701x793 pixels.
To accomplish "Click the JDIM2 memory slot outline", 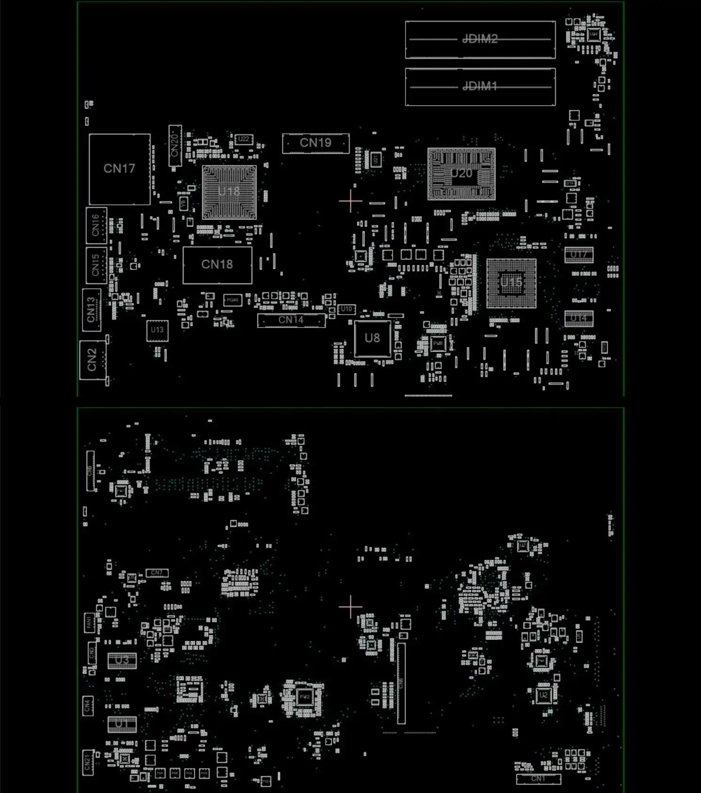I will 480,39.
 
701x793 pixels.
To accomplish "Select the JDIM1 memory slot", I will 480,87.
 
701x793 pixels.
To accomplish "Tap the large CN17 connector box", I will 119,169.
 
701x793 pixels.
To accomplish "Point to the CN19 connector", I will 316,143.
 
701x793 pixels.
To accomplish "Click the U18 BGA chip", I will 229,192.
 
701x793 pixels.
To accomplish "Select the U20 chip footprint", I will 461,174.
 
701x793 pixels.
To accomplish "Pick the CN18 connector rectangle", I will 217,265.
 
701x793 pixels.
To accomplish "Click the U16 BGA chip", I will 511,283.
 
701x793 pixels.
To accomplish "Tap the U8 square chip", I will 373,338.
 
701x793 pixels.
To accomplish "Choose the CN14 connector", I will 291,320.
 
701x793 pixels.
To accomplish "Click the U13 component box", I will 157,330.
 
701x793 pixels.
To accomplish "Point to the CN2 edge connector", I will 92,360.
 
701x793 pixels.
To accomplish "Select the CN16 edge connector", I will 96,225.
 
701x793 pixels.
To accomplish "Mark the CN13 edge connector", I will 92,311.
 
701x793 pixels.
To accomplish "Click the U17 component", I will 579,255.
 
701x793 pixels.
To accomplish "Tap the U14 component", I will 579,319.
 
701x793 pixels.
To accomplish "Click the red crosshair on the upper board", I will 350,202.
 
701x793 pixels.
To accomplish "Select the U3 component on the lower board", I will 122,661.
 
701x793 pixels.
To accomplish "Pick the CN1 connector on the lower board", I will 538,779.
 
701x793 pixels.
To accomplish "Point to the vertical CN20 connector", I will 175,145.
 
